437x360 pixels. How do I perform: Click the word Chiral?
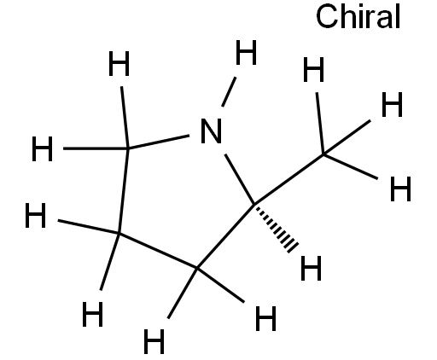click(358, 16)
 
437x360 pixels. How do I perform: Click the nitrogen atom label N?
click(211, 131)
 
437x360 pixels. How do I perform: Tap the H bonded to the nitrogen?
click(247, 52)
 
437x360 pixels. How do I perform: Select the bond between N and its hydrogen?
click(229, 92)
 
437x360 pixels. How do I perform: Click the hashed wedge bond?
click(276, 229)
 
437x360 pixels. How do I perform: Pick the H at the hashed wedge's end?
click(312, 268)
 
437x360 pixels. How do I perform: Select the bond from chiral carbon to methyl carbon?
click(288, 179)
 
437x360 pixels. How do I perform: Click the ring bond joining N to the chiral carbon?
click(239, 179)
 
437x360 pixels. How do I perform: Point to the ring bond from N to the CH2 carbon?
click(159, 142)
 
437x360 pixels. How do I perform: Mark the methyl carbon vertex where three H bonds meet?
click(323, 154)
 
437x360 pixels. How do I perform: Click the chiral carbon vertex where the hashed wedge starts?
click(254, 204)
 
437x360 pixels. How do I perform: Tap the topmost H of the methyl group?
click(313, 69)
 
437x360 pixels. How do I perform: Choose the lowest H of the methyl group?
click(400, 189)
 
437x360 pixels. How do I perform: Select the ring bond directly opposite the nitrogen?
click(158, 251)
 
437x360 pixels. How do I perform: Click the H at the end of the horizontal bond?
click(42, 148)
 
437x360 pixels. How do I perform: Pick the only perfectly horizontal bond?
click(96, 148)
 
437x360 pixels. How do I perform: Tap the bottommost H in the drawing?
click(154, 341)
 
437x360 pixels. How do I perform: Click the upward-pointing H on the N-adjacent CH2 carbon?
click(119, 64)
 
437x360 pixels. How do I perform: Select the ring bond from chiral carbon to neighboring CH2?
click(225, 236)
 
